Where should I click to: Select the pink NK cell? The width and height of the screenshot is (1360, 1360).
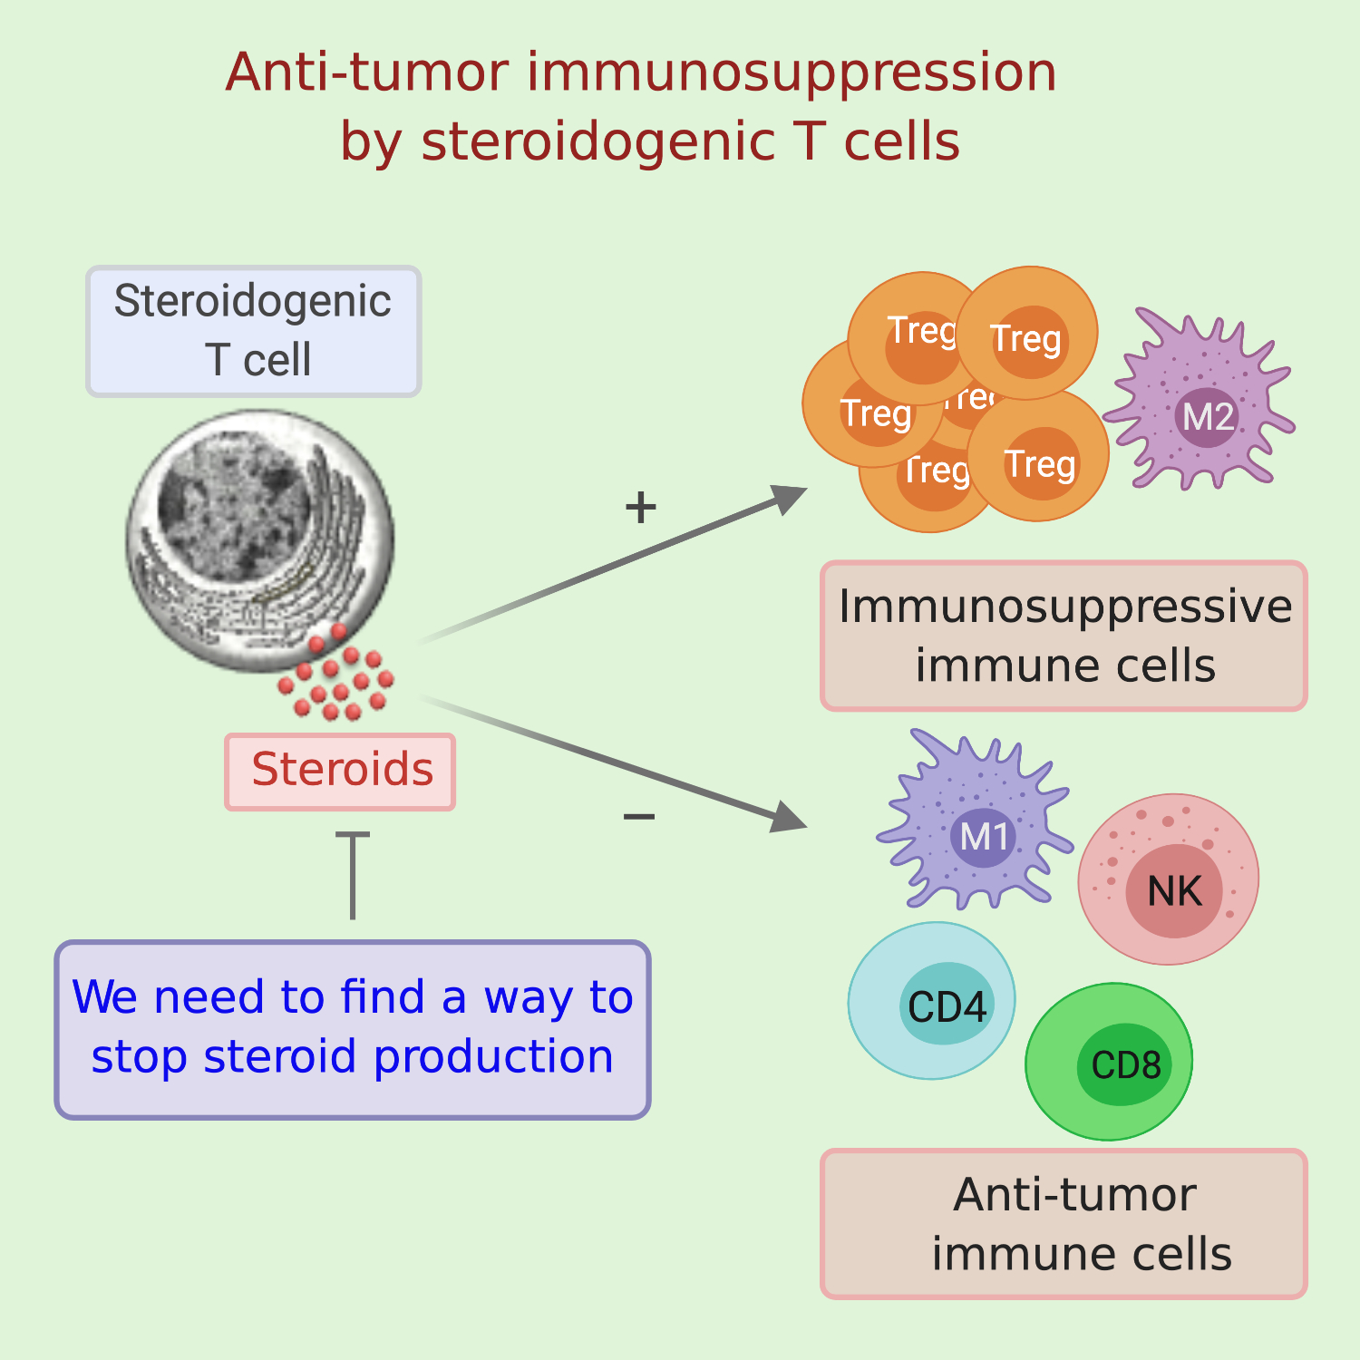pos(1169,879)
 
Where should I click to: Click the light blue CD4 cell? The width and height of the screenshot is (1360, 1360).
pos(932,1001)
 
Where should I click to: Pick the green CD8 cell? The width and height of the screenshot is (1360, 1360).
pos(1109,1062)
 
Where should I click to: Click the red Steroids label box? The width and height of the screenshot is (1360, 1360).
pos(340,772)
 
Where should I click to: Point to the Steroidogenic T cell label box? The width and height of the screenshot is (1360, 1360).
pos(254,331)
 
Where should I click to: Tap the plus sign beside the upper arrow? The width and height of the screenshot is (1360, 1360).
pos(640,507)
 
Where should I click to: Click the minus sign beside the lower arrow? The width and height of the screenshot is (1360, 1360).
pos(638,817)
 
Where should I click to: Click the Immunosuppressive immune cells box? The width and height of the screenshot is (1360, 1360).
pos(1064,636)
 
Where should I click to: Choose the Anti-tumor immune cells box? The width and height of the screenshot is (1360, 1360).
pos(1064,1224)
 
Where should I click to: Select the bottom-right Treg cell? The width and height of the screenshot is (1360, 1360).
pos(1039,458)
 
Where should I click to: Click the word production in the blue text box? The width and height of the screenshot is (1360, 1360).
pos(493,1057)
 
